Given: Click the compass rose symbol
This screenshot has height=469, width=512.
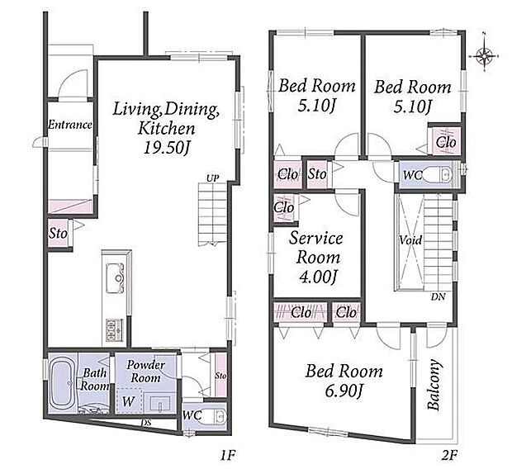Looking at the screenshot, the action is pyautogui.click(x=484, y=56).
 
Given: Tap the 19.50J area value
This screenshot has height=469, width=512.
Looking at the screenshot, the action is pyautogui.click(x=167, y=148).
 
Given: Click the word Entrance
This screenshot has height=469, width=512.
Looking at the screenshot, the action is pyautogui.click(x=70, y=125).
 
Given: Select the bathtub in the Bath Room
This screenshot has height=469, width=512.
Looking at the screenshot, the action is pyautogui.click(x=63, y=383).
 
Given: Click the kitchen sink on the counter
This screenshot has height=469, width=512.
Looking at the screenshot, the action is pyautogui.click(x=115, y=278).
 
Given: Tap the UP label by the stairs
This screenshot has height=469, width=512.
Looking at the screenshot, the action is pyautogui.click(x=212, y=178).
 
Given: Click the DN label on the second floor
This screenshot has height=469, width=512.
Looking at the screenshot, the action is pyautogui.click(x=438, y=297).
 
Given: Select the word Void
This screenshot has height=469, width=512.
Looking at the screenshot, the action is pyautogui.click(x=410, y=240).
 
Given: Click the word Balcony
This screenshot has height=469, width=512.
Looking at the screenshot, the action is pyautogui.click(x=434, y=385).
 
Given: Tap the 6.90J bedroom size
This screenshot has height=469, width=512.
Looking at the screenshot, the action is pyautogui.click(x=344, y=391).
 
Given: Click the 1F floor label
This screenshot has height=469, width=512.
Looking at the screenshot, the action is pyautogui.click(x=228, y=455).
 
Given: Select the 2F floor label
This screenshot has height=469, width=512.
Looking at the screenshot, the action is pyautogui.click(x=449, y=455).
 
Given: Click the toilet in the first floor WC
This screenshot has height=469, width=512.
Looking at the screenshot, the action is pyautogui.click(x=216, y=417).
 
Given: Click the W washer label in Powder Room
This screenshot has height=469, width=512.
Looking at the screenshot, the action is pyautogui.click(x=128, y=401).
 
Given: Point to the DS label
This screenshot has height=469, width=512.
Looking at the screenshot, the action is pyautogui.click(x=146, y=423).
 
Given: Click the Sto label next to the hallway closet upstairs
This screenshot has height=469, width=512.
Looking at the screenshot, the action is pyautogui.click(x=317, y=174).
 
